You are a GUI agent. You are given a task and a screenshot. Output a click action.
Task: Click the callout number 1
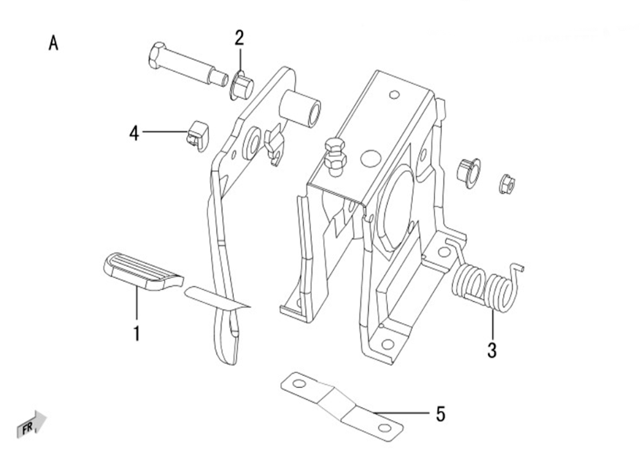point(137,333)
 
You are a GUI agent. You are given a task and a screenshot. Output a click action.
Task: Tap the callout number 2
point(239,38)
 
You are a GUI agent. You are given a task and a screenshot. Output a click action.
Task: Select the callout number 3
point(492,350)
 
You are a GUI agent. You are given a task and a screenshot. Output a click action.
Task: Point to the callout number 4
point(134,133)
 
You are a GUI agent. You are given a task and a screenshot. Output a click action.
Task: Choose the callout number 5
point(440,414)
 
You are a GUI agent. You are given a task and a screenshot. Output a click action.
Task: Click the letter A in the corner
point(53,43)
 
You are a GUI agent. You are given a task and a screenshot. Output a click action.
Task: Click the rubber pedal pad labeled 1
point(143,271)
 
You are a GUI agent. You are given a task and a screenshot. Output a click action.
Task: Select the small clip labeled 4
point(198,136)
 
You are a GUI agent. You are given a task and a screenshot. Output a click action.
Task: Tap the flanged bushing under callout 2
point(241,86)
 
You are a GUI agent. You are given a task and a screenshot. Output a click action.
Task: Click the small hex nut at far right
point(507,184)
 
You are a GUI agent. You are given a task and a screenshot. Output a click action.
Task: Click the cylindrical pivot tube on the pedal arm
point(300,109)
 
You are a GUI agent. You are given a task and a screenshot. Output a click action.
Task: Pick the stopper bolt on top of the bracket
point(335,157)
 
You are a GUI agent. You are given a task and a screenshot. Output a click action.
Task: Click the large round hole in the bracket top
point(372,158)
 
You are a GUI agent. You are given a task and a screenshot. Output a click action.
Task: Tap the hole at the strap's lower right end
point(385,428)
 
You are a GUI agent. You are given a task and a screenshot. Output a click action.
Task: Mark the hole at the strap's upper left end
point(299,384)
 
